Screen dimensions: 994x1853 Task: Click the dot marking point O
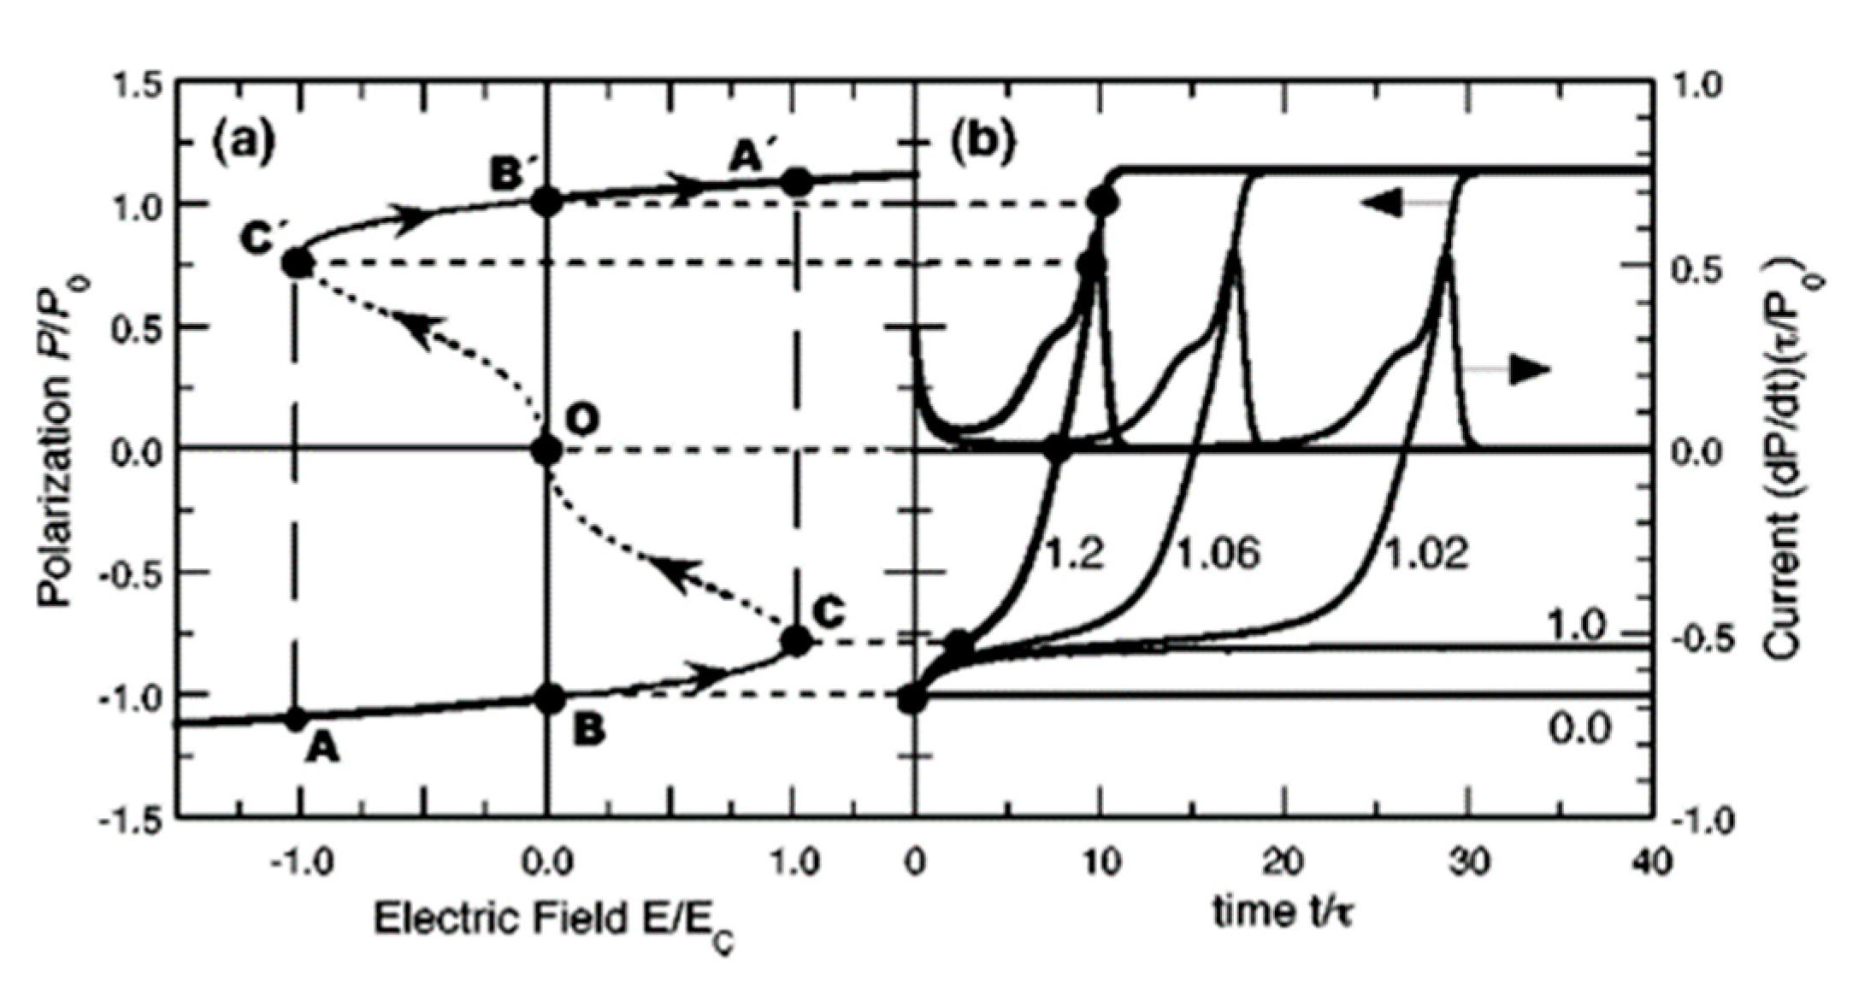pos(546,450)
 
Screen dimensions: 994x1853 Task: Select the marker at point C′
pos(297,262)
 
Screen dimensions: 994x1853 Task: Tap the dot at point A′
pos(796,182)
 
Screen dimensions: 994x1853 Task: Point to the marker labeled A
pos(297,719)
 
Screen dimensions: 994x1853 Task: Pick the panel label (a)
pos(245,141)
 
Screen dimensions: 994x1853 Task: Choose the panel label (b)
pos(983,141)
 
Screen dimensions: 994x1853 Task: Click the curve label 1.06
pos(1219,555)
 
